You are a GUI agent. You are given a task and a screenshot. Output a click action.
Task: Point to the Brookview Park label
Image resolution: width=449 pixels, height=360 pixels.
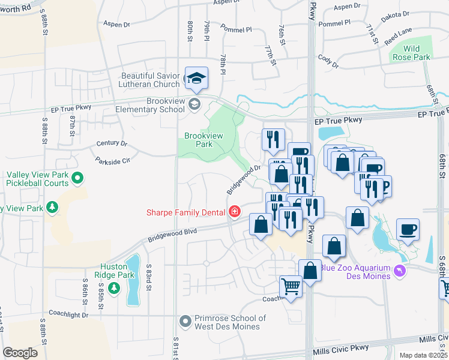(x=203, y=140)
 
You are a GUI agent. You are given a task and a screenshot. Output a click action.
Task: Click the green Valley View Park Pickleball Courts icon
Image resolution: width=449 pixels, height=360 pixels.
(x=77, y=178)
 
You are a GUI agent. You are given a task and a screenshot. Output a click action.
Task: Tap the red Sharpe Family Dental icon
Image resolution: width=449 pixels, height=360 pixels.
(x=234, y=212)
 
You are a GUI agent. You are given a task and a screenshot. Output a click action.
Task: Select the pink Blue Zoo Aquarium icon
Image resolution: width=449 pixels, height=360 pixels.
(x=400, y=272)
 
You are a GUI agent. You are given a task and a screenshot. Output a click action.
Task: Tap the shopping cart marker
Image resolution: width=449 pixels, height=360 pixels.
(x=291, y=287)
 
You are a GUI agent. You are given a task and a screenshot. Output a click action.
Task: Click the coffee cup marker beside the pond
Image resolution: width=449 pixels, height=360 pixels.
(x=408, y=230)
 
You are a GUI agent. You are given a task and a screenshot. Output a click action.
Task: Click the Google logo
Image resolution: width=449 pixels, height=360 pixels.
(x=20, y=353)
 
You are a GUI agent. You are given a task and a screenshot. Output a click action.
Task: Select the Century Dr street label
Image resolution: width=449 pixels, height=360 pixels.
(x=112, y=144)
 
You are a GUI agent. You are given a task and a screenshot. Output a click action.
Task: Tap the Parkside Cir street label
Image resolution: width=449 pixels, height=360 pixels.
(x=112, y=161)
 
